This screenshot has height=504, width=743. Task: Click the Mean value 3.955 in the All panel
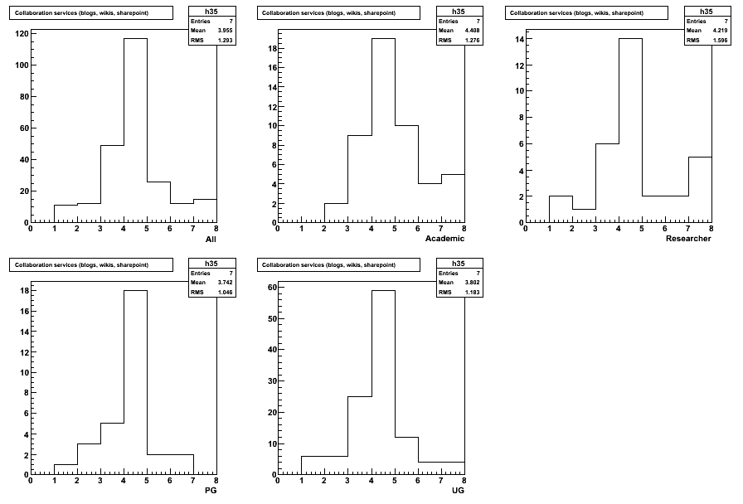225,31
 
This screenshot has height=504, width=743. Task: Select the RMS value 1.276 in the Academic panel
473,41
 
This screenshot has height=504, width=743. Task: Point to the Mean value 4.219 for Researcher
721,31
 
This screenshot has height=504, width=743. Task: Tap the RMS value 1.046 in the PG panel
225,293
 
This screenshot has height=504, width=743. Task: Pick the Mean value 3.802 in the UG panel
473,283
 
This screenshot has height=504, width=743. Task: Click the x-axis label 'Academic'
444,239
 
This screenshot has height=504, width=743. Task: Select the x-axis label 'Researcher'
688,239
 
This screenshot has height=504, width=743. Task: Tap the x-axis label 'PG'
211,491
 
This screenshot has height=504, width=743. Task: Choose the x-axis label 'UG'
459,491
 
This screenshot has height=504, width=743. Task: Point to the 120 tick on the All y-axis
22,34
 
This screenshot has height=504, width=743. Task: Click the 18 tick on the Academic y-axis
272,48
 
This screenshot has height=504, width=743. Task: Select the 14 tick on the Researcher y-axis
520,39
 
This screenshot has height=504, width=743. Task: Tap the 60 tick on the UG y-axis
272,287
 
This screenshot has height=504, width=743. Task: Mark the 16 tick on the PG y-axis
24,311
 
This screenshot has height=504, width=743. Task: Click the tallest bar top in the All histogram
135,38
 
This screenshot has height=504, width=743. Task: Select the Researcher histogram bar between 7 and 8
700,190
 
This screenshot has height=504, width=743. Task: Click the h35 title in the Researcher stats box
706,12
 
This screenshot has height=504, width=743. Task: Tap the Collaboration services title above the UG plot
328,264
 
